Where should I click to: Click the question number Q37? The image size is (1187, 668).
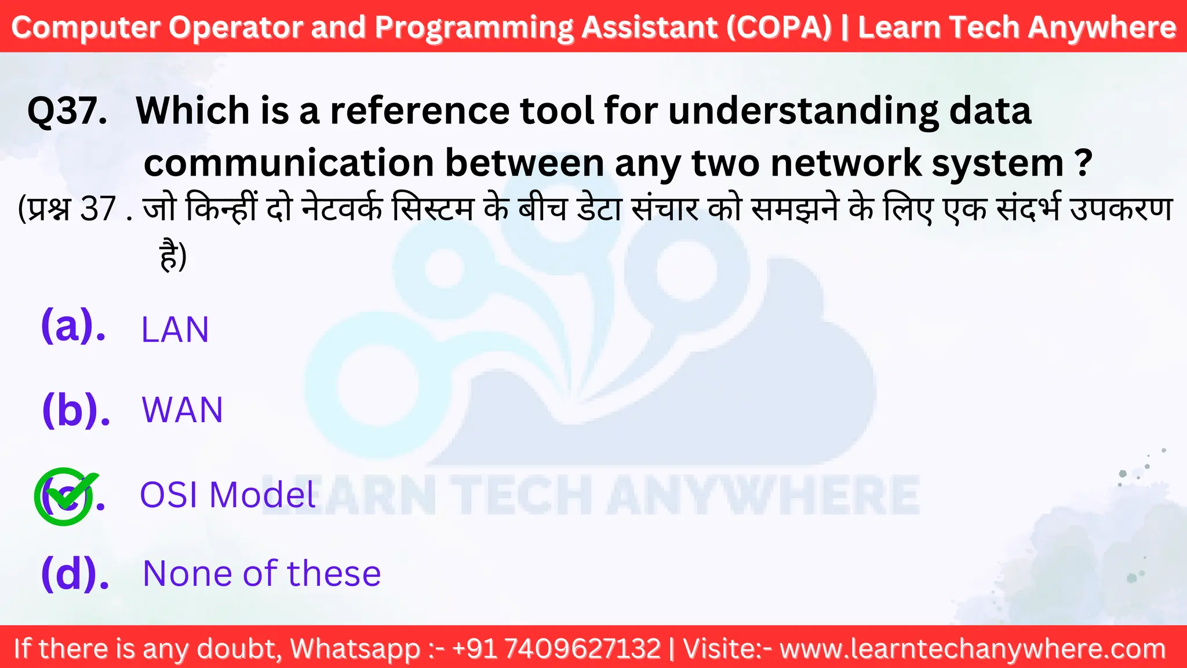(x=67, y=111)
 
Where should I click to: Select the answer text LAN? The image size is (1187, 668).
(x=175, y=330)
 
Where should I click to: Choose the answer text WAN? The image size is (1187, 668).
(x=183, y=410)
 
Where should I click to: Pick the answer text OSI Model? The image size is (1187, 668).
(x=228, y=495)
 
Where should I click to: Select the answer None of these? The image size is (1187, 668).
(x=261, y=573)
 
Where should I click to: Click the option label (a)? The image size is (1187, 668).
(x=73, y=326)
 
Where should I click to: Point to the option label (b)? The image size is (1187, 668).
(x=76, y=410)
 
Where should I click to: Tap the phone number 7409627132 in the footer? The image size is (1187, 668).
(x=582, y=648)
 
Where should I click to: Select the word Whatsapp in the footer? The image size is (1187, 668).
(x=355, y=648)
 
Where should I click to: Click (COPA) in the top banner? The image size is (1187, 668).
(x=779, y=27)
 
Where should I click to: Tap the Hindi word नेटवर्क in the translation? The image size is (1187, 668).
(x=343, y=209)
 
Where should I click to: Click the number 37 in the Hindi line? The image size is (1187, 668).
(x=98, y=209)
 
